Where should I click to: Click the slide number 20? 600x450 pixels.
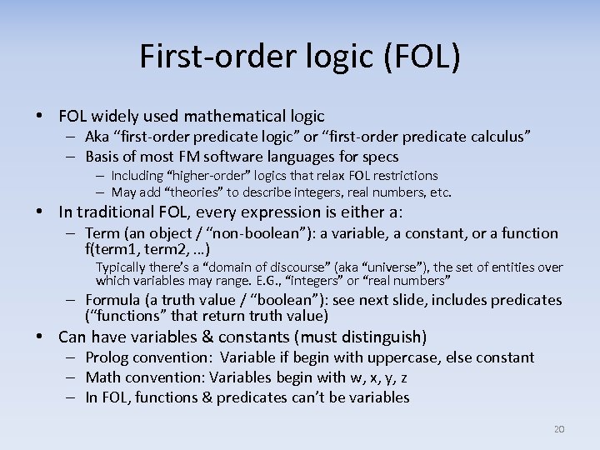click(559, 429)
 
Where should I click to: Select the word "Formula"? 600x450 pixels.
click(112, 300)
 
